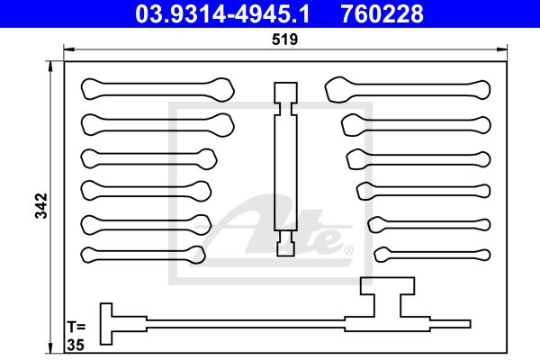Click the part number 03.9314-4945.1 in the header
pos(222,14)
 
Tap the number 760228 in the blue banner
pos(382,14)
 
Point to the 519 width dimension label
pos(284,40)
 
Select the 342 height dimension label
pos(41,206)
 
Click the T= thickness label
pos(76,326)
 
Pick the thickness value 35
pos(76,345)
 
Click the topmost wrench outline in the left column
pos(157,90)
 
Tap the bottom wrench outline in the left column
pos(143,255)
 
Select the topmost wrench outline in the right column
pos(408,90)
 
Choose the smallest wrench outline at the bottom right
pos(432,255)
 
